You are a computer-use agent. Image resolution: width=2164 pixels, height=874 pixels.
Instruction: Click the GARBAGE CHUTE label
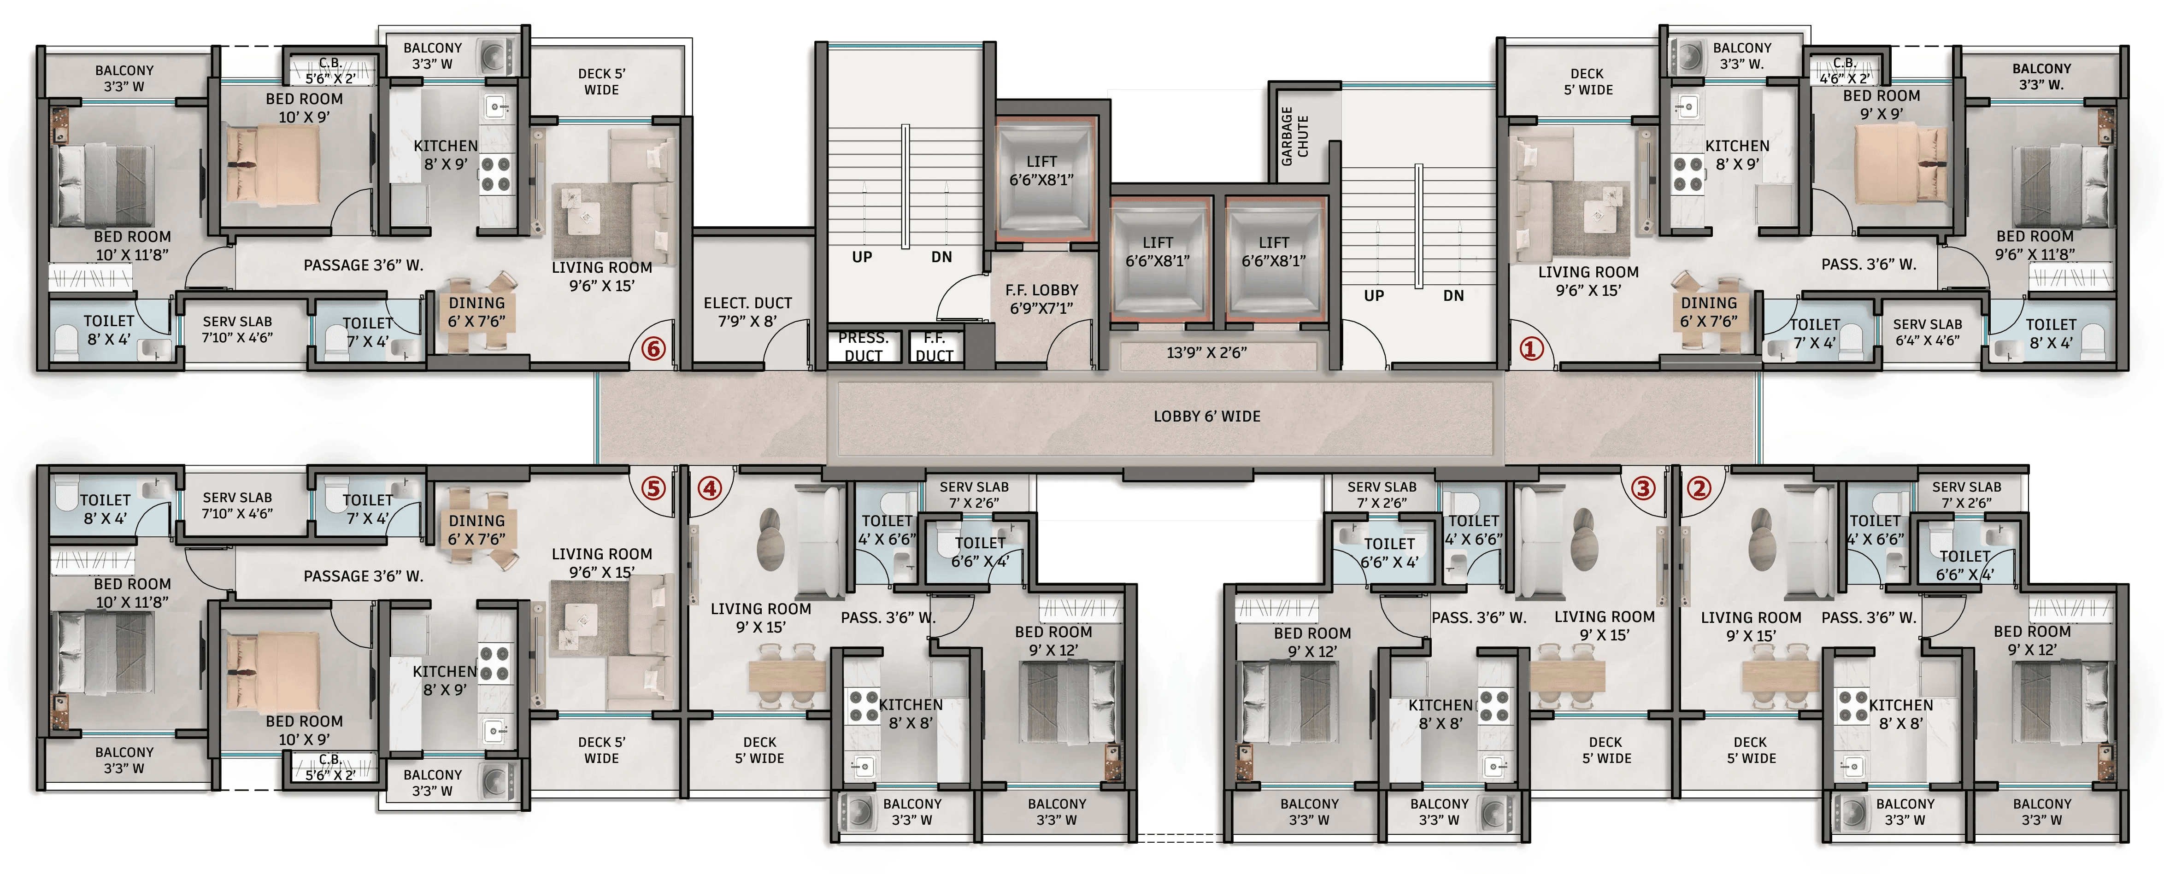pyautogui.click(x=1294, y=136)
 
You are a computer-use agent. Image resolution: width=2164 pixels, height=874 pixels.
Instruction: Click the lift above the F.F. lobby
pyautogui.click(x=1041, y=176)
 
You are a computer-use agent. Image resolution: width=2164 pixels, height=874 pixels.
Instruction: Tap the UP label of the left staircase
pyautogui.click(x=862, y=257)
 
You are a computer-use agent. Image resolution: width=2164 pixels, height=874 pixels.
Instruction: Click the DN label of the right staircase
pyautogui.click(x=1453, y=295)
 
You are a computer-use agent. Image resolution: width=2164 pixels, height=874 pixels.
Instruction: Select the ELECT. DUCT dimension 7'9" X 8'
pyautogui.click(x=747, y=321)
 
